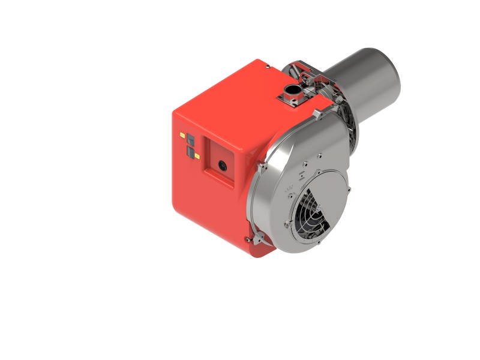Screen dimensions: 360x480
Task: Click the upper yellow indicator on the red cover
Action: pyautogui.click(x=182, y=136)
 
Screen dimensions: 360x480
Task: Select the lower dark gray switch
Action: pyautogui.click(x=190, y=149)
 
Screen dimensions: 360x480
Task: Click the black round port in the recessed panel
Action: pyautogui.click(x=222, y=163)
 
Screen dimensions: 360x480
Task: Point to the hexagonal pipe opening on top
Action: pyautogui.click(x=293, y=91)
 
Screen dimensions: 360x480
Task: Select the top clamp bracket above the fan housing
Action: pyautogui.click(x=316, y=113)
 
